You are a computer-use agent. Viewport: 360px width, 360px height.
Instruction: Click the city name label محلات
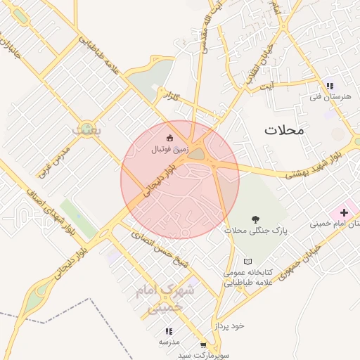click(284, 130)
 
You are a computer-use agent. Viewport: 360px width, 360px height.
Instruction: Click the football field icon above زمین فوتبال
click(169, 138)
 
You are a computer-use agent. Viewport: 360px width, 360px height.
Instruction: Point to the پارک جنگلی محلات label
click(247, 231)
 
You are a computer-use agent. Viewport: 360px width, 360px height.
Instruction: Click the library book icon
click(246, 261)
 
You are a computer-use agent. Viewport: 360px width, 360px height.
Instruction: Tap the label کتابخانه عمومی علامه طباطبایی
click(246, 278)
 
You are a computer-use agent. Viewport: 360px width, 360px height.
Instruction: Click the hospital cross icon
click(344, 212)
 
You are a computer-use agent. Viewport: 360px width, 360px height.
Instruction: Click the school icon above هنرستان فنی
click(329, 86)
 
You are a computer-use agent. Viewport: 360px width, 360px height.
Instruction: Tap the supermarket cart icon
click(203, 345)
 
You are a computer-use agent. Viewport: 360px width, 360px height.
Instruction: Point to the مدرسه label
click(169, 342)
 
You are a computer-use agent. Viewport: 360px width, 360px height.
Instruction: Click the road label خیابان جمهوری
click(295, 261)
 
